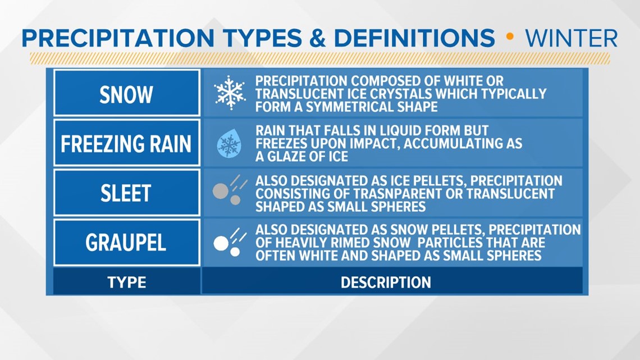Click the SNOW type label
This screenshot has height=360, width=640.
[126, 95]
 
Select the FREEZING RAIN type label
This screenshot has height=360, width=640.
[126, 144]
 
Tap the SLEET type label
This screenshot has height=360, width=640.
[126, 193]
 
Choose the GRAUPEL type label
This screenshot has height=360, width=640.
[126, 243]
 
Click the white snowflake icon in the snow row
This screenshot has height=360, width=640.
[230, 93]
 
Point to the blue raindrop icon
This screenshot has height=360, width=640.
[229, 143]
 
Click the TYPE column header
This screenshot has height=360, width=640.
[126, 282]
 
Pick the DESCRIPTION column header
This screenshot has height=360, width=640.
[386, 282]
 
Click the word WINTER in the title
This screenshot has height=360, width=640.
[571, 38]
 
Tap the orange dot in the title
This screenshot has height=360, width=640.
[509, 37]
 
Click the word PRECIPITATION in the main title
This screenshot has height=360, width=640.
[118, 38]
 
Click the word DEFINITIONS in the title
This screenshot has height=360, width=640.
[415, 38]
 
